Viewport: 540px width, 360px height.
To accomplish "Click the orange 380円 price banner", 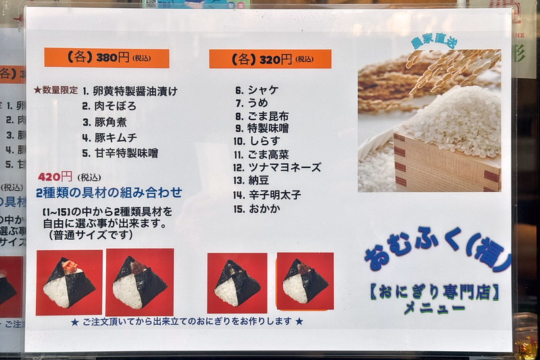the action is click(x=107, y=58).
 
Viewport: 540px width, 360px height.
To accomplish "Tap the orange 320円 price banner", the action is click(x=270, y=59).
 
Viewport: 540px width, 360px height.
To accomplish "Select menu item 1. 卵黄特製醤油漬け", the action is click(x=130, y=91).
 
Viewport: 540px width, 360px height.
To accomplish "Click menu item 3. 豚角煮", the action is click(x=105, y=122).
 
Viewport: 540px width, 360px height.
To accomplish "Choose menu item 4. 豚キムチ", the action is click(x=109, y=138).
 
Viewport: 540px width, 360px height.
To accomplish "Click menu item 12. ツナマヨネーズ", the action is click(x=277, y=168).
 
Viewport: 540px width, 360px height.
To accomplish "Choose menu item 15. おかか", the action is click(x=257, y=209).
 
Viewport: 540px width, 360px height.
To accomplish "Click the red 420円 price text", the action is click(x=55, y=177).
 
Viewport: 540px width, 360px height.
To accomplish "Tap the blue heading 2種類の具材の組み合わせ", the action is click(x=109, y=192).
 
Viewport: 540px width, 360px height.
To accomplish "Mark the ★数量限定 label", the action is click(x=56, y=91).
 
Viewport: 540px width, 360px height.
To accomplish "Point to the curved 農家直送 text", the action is click(x=435, y=41).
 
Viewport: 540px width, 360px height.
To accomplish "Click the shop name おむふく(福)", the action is click(x=438, y=248).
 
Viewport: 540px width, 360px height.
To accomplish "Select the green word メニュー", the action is click(x=435, y=308).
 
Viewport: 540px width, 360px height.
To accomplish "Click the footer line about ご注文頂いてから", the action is click(x=187, y=322).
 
